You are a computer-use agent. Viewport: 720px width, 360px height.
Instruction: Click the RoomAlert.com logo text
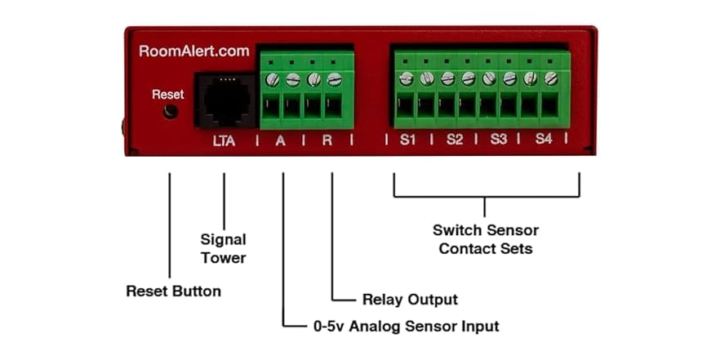click(193, 51)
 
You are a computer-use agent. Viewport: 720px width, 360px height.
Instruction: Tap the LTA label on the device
click(224, 140)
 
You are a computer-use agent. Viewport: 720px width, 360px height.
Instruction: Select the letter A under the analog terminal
click(281, 140)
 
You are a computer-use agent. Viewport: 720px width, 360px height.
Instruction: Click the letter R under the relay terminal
click(327, 140)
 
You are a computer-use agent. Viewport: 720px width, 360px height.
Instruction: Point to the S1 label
click(408, 140)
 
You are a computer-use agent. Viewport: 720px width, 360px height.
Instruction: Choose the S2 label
click(455, 140)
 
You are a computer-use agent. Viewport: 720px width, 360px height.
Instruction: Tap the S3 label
click(499, 140)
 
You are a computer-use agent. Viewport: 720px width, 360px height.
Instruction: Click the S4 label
click(544, 140)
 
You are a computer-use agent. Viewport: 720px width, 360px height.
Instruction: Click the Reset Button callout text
click(173, 291)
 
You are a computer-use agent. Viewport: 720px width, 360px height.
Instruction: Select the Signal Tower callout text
click(224, 248)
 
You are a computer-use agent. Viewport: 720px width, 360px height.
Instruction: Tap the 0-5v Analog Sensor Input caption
click(406, 327)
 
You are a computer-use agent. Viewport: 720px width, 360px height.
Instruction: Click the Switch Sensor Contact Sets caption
click(486, 239)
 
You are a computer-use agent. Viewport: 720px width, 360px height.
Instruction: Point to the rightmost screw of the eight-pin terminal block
click(551, 78)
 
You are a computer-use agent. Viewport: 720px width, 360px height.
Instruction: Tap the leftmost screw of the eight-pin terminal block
click(407, 78)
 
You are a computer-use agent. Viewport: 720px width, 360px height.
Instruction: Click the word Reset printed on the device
click(168, 95)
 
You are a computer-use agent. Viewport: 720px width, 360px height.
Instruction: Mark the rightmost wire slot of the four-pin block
click(334, 107)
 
